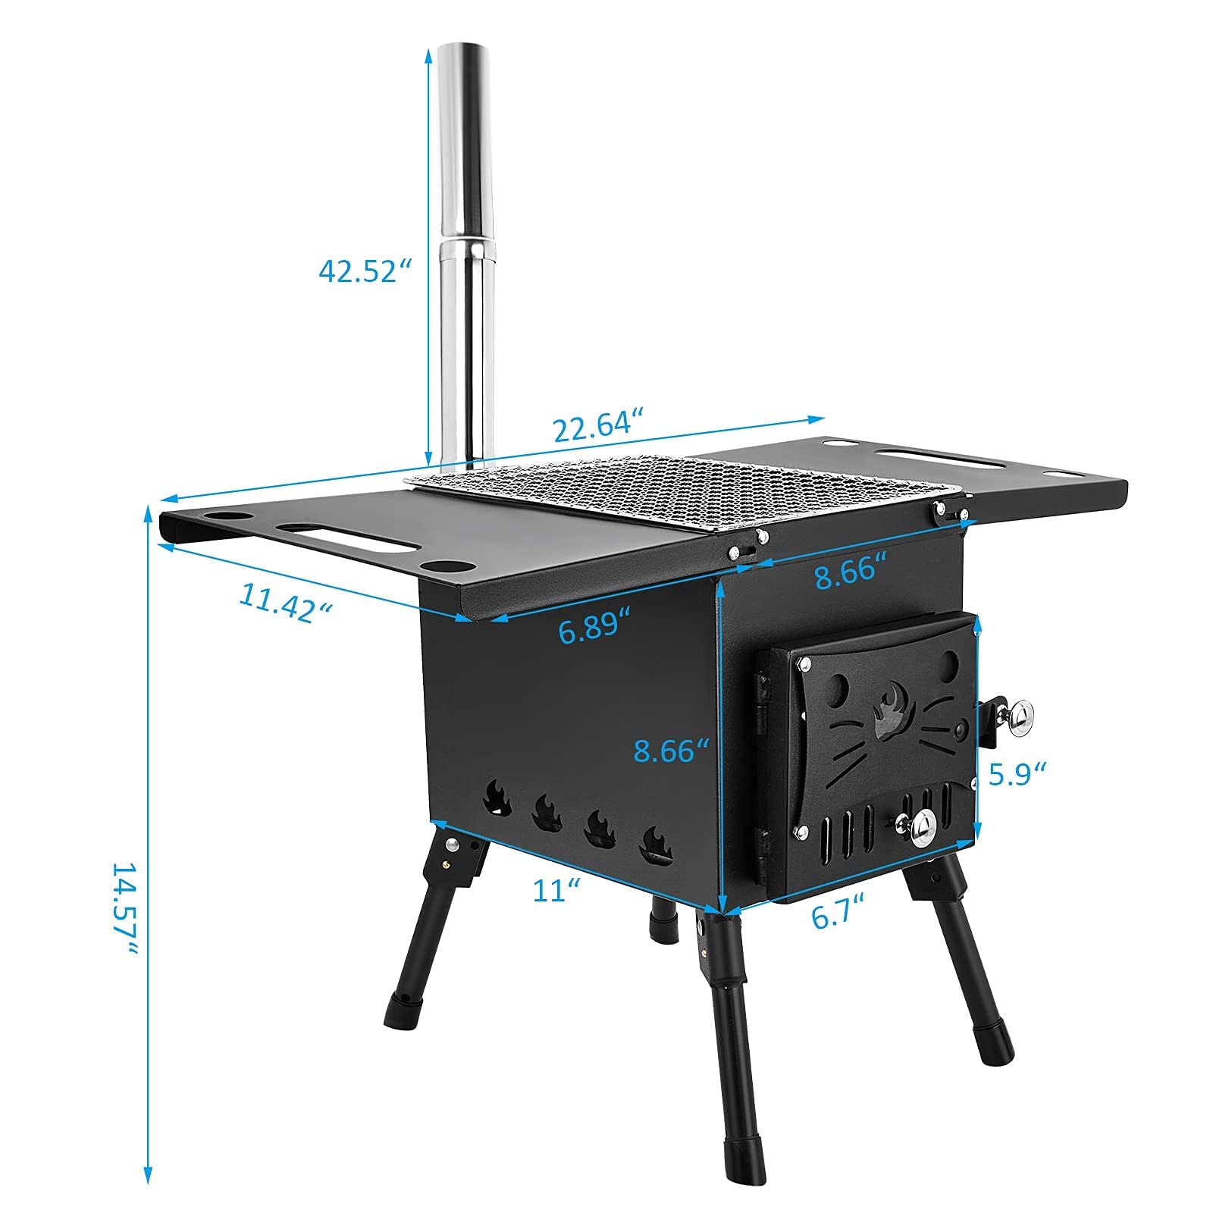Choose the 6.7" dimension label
pos(838,916)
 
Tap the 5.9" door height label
pos(1017,773)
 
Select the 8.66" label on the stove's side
pos(671,751)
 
